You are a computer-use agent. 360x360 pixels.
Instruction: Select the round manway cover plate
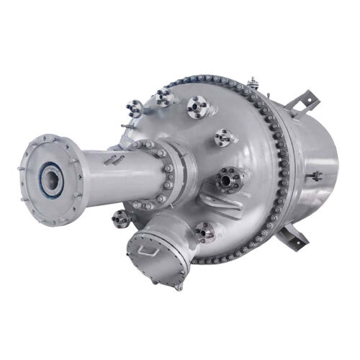click(x=156, y=260)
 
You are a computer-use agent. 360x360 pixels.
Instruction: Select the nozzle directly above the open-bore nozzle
click(x=223, y=136)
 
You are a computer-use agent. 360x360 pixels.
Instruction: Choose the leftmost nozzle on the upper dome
click(x=135, y=109)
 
